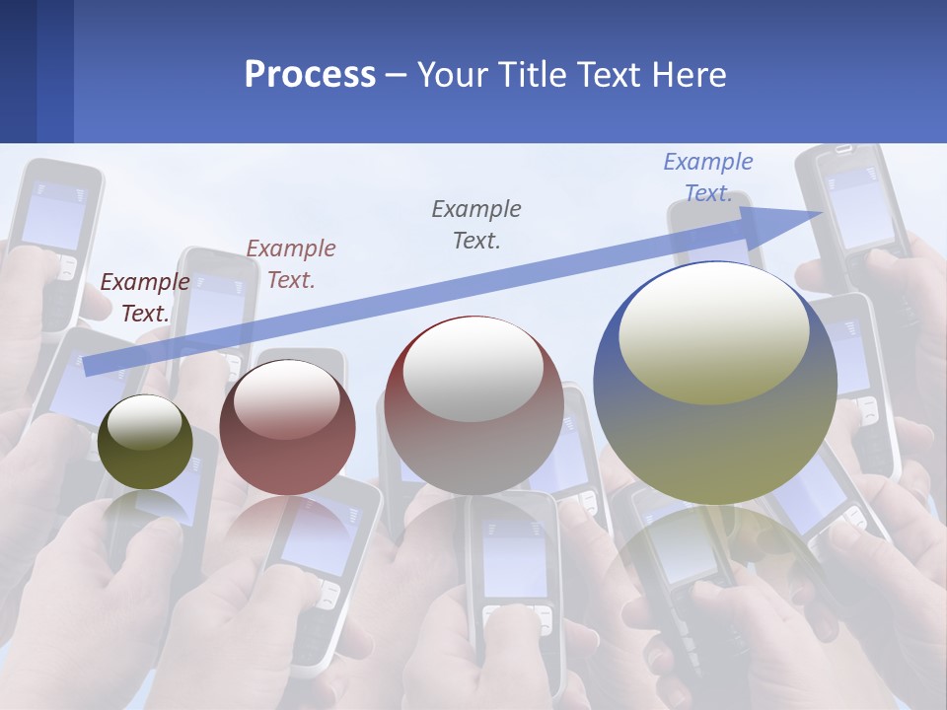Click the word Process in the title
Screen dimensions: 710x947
pyautogui.click(x=310, y=75)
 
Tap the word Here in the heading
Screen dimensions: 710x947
pyautogui.click(x=690, y=75)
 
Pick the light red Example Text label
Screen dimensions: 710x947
pyautogui.click(x=291, y=264)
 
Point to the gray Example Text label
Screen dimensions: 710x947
pyautogui.click(x=476, y=225)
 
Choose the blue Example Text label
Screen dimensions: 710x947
pyautogui.click(x=708, y=177)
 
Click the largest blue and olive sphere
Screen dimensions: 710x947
pyautogui.click(x=715, y=434)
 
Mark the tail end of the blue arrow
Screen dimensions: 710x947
pyautogui.click(x=87, y=367)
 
